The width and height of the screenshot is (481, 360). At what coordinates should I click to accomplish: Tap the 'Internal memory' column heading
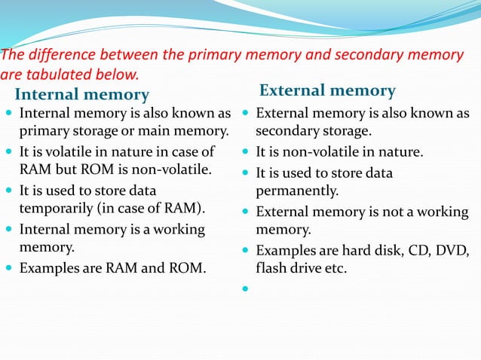click(82, 95)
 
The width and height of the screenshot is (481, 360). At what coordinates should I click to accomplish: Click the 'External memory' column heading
click(327, 91)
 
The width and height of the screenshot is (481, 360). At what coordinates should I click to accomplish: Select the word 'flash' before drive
click(273, 267)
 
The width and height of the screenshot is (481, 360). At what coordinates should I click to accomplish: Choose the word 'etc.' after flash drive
click(333, 267)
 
